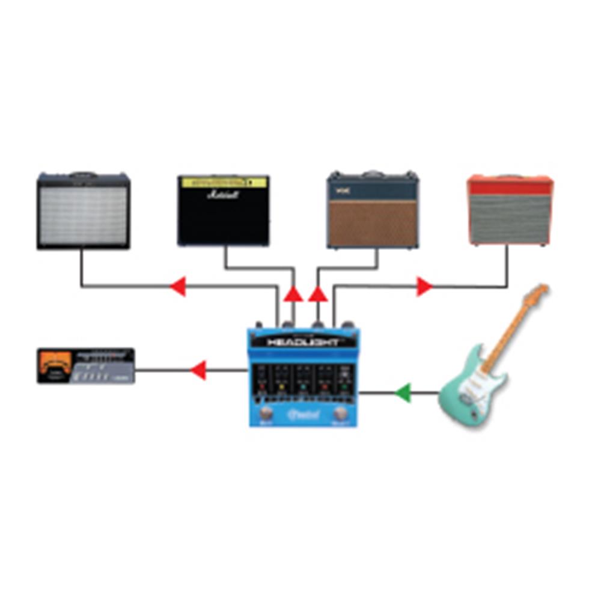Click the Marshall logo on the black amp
pyautogui.click(x=222, y=195)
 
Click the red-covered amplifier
pyautogui.click(x=510, y=210)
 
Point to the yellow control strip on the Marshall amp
pyautogui.click(x=224, y=181)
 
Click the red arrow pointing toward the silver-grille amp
pyautogui.click(x=178, y=287)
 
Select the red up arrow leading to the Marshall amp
pyautogui.click(x=293, y=294)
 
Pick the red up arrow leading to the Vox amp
pyautogui.click(x=318, y=294)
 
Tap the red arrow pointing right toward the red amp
pyautogui.click(x=424, y=287)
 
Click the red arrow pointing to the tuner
pyautogui.click(x=198, y=370)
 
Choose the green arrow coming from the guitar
pyautogui.click(x=402, y=393)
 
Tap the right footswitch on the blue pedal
pyautogui.click(x=341, y=413)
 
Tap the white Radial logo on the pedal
pyautogui.click(x=304, y=413)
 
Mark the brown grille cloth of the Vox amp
pyautogui.click(x=373, y=223)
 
